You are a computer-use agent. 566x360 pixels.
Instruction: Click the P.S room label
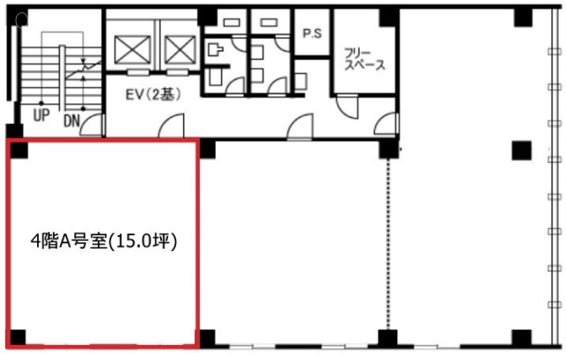(x=312, y=34)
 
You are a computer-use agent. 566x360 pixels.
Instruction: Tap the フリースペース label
(x=363, y=60)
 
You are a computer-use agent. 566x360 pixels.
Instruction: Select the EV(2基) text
(x=153, y=95)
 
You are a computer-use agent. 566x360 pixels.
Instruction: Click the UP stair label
(x=42, y=115)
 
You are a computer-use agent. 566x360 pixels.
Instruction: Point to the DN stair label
(x=72, y=121)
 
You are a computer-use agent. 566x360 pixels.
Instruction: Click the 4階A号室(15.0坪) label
(x=103, y=242)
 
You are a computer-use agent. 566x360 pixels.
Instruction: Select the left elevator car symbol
(x=132, y=50)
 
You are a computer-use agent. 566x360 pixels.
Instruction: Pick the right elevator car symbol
(x=180, y=50)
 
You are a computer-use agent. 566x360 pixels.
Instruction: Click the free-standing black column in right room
(x=521, y=150)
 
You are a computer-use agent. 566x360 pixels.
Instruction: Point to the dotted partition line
(x=389, y=244)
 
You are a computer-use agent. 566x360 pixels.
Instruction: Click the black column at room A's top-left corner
(x=19, y=150)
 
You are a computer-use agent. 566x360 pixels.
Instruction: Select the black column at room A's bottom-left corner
(x=18, y=337)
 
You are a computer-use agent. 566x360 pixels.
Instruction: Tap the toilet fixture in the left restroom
(x=215, y=50)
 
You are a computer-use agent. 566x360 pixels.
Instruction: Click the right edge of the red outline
(x=198, y=244)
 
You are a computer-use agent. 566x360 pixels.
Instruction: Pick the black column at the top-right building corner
(x=523, y=18)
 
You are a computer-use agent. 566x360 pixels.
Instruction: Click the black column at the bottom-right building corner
(x=521, y=338)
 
